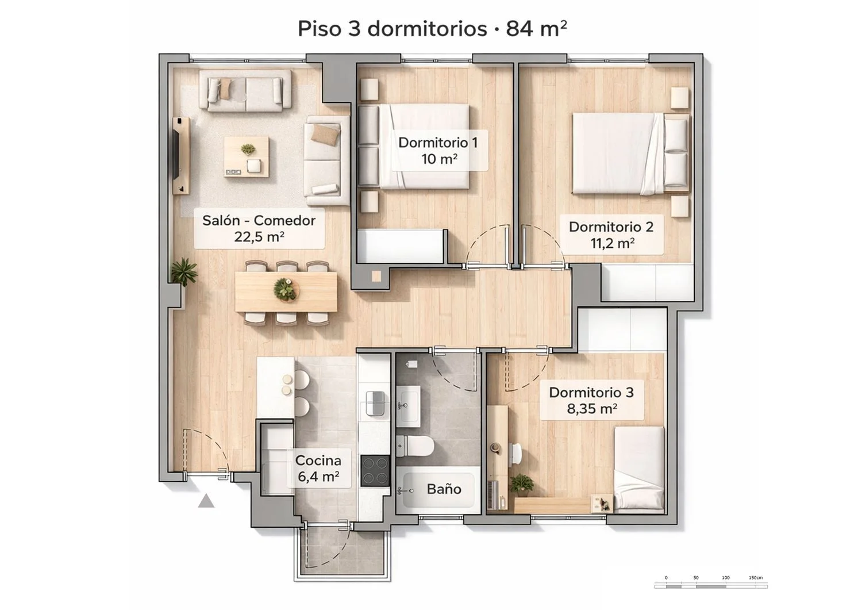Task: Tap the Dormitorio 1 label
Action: coord(438,143)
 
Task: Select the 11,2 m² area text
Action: coord(612,243)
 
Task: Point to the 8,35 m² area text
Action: coord(592,408)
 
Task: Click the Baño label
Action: coord(444,489)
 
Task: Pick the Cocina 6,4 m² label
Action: coord(318,469)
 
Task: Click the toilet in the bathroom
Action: coord(415,446)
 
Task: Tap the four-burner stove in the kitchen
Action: coord(375,470)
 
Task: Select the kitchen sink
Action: coord(375,403)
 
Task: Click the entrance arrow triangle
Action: coord(206,501)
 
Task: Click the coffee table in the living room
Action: coord(247,156)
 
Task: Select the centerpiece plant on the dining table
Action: coord(286,289)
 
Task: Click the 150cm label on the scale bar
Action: coord(756,578)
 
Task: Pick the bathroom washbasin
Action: coord(408,406)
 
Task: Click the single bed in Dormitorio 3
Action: coord(639,470)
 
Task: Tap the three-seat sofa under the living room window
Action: coord(245,91)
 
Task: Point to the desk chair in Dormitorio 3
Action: coord(516,453)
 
